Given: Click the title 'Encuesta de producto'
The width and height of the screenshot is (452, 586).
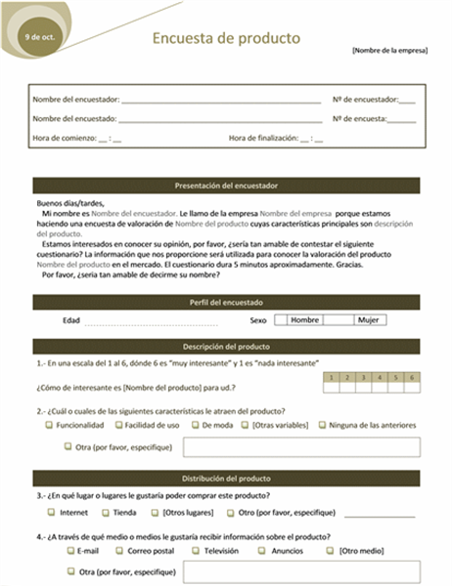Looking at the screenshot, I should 226,38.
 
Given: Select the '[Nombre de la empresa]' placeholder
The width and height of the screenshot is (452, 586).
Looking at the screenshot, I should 389,50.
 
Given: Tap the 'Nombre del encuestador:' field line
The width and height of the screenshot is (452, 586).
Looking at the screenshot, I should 220,100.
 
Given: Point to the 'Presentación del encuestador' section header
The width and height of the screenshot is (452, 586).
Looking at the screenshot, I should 226,185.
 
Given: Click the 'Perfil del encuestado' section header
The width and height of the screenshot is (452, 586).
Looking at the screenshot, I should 226,303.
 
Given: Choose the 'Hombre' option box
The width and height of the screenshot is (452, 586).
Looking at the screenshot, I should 305,319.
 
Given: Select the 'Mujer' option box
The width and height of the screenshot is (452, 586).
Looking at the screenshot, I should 368,319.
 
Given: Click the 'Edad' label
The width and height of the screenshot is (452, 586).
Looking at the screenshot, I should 71,319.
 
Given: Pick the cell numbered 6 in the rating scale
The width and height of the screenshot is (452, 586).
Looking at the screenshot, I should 413,377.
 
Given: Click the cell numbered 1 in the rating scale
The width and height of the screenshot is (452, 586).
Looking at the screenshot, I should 333,377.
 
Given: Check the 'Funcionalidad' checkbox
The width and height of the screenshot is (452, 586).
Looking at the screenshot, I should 49,425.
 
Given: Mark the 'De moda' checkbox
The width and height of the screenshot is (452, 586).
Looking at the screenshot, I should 196,425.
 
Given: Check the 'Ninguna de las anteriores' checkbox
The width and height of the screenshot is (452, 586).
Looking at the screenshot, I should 322,425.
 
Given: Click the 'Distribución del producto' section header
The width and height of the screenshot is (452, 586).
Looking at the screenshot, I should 226,479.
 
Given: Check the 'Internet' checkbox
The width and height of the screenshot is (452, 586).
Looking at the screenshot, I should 51,512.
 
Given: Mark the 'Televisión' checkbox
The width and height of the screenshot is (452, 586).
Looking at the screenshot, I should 196,550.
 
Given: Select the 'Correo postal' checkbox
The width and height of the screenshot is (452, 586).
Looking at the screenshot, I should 119,550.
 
